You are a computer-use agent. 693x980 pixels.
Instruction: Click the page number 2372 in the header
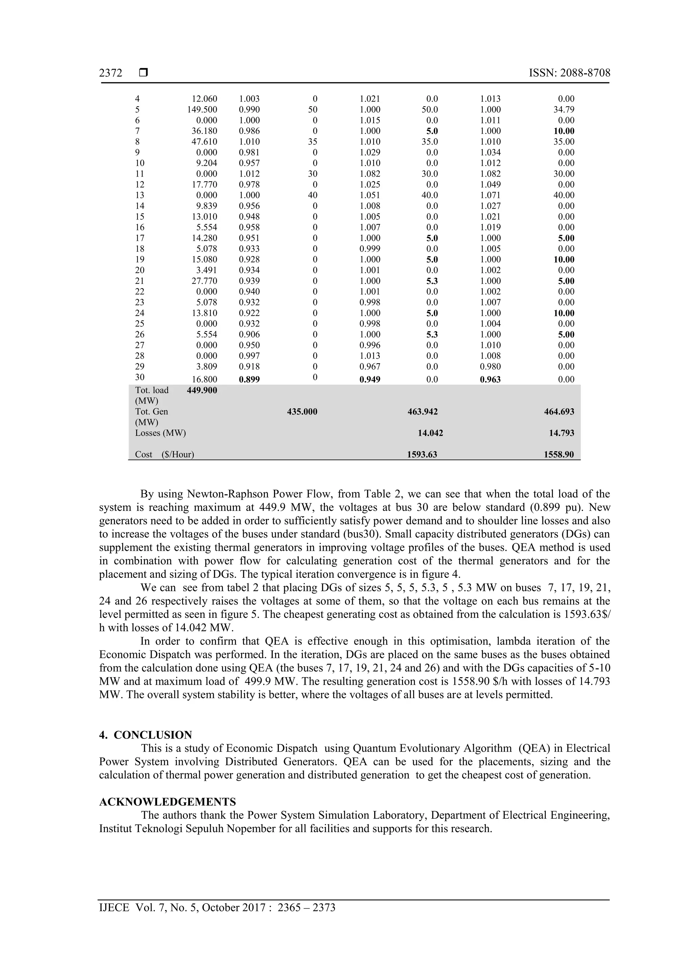(x=111, y=73)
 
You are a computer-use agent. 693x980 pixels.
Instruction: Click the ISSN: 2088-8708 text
(x=569, y=73)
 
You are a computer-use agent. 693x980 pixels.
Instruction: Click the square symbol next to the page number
(x=143, y=73)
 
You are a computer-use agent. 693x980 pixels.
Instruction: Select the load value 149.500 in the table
(x=202, y=110)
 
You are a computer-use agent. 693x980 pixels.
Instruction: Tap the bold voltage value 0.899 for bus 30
(x=249, y=380)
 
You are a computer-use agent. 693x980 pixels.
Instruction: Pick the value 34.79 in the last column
(x=564, y=110)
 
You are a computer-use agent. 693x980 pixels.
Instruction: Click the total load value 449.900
(x=202, y=390)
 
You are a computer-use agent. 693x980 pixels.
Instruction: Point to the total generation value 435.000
(x=302, y=411)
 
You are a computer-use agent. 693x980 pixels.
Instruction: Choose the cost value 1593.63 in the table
(x=422, y=455)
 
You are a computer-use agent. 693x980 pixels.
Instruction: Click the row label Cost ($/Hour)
(x=164, y=455)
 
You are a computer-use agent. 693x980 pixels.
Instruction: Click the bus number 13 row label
(x=140, y=195)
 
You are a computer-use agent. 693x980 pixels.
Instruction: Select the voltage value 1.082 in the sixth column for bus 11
(x=490, y=174)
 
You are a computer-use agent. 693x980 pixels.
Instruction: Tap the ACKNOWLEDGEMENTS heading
(x=167, y=802)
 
